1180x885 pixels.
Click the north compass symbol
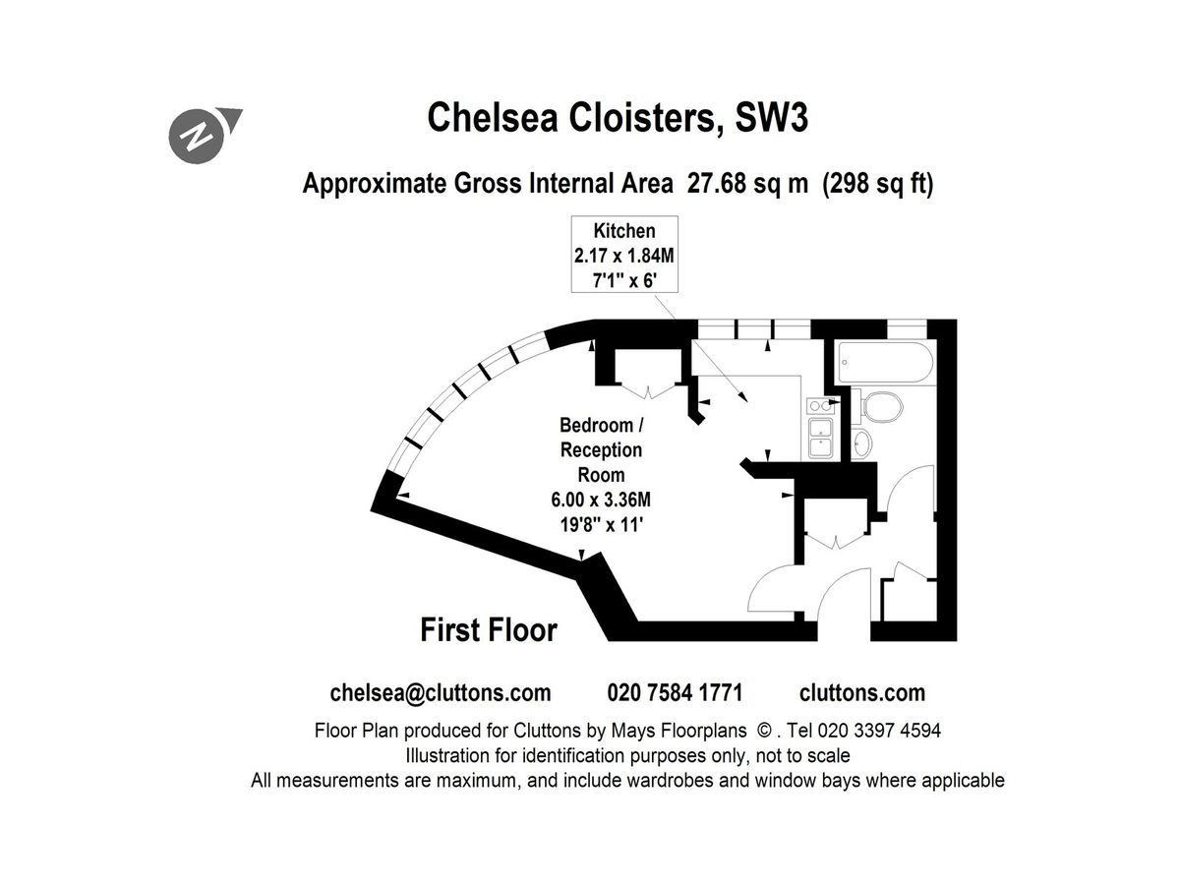pyautogui.click(x=200, y=135)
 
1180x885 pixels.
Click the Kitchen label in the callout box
pyautogui.click(x=623, y=232)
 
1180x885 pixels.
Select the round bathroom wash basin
pyautogui.click(x=862, y=443)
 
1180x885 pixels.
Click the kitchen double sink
pyautogui.click(x=819, y=438)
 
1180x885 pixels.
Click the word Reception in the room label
pyautogui.click(x=601, y=450)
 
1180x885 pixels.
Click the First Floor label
pyautogui.click(x=489, y=629)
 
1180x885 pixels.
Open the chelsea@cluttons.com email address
pyautogui.click(x=440, y=692)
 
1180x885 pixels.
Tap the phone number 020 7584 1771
pyautogui.click(x=675, y=692)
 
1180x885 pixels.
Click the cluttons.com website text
pyautogui.click(x=862, y=692)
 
